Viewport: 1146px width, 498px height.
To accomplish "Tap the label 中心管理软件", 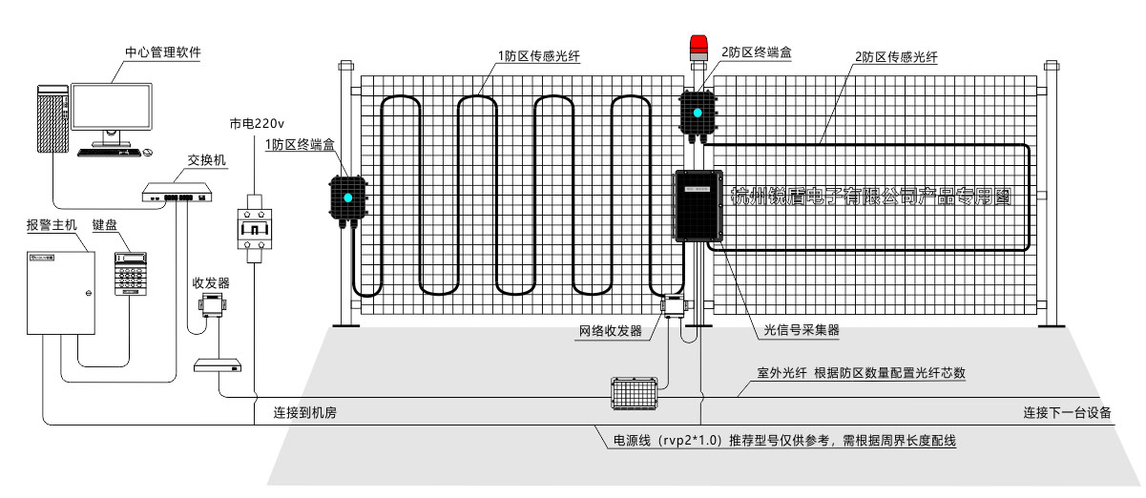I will [162, 52].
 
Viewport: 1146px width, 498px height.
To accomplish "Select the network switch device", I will [176, 195].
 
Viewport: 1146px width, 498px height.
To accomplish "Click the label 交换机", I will [206, 160].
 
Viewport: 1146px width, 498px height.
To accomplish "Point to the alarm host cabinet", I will [60, 291].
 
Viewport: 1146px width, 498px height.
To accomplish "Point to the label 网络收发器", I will [611, 331].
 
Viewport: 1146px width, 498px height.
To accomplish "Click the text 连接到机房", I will [304, 413].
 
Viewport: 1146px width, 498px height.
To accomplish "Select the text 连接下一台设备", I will [1067, 413].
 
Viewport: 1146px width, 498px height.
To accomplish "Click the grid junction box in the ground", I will [634, 392].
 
